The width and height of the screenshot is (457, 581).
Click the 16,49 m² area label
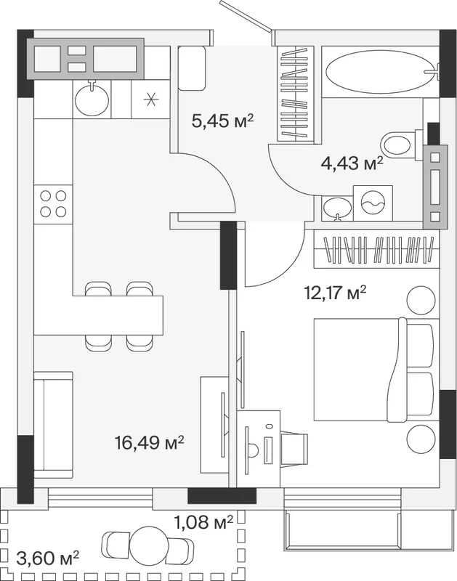coord(150,442)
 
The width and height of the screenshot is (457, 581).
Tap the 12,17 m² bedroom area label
coord(335,293)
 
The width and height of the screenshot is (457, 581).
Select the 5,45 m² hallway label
coord(222,121)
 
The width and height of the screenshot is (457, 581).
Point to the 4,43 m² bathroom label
coord(352,163)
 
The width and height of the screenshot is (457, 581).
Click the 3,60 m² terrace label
coord(48,558)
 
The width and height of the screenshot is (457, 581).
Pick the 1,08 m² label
coord(203,522)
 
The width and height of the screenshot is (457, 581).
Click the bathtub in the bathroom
coord(380,71)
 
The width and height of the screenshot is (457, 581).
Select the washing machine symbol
coord(373,203)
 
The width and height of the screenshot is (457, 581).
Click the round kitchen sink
coord(92,99)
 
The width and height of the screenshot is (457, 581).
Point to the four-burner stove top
coord(53,204)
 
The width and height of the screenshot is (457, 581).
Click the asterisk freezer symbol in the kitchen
coord(151,99)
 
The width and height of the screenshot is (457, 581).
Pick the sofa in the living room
coord(53,426)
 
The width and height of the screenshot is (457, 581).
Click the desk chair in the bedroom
coord(294,449)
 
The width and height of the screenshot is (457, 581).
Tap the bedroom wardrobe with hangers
coord(376,249)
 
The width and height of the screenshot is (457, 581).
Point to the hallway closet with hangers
coord(296,94)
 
